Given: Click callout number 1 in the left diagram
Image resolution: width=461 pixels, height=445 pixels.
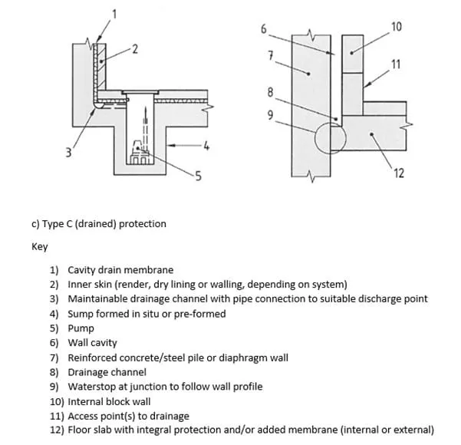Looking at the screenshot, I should [x=116, y=12].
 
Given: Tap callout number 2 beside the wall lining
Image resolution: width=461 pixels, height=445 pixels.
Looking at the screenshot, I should [x=135, y=51].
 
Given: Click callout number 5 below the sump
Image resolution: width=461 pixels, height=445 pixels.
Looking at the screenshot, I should [x=196, y=177].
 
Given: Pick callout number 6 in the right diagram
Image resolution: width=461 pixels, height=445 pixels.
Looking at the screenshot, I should [x=264, y=29].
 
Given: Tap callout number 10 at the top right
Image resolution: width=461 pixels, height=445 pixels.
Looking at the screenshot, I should [x=395, y=27].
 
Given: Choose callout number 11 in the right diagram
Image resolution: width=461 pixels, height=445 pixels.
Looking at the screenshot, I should [x=395, y=63].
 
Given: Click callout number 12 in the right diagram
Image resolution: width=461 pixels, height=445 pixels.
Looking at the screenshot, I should [x=398, y=173].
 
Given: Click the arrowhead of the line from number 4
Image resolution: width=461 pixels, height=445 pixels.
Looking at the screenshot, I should [x=170, y=143].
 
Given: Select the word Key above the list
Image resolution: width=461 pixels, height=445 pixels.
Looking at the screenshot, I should [x=39, y=247].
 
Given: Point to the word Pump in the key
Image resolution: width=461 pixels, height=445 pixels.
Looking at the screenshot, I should [x=81, y=328].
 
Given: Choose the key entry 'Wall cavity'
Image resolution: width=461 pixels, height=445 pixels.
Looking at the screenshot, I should [x=92, y=343].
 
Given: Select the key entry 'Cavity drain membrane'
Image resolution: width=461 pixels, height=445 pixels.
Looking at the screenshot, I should [x=120, y=270].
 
